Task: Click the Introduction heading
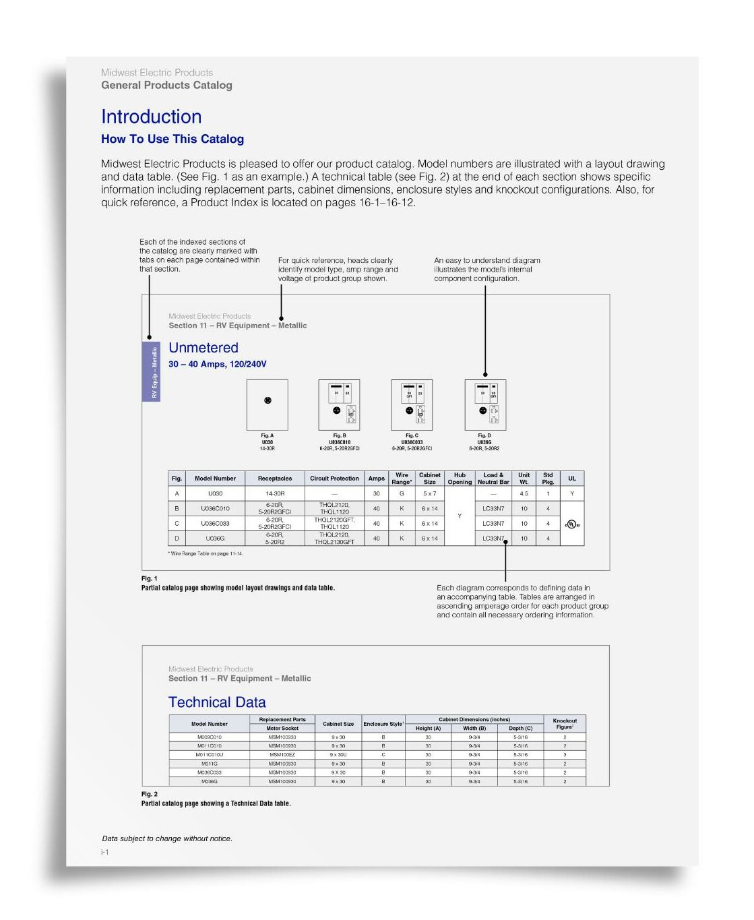tap(151, 117)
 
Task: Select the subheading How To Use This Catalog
tap(172, 139)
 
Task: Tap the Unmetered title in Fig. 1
tap(203, 348)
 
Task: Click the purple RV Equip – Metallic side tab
tap(151, 371)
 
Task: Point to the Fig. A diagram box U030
tap(268, 404)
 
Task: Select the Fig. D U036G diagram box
tap(485, 404)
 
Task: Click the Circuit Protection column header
tap(334, 479)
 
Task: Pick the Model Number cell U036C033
tap(215, 524)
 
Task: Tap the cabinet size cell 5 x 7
tap(430, 494)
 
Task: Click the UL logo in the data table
tap(571, 524)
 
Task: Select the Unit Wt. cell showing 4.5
tap(524, 494)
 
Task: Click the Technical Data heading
tap(217, 702)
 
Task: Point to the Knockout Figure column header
tap(565, 724)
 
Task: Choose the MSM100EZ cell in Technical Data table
tap(282, 755)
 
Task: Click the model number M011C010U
tap(210, 755)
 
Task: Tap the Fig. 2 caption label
tap(150, 794)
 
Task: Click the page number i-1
tap(105, 853)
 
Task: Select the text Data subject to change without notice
tap(167, 838)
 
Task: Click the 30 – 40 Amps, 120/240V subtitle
tap(217, 364)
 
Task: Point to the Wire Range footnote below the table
tap(206, 553)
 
